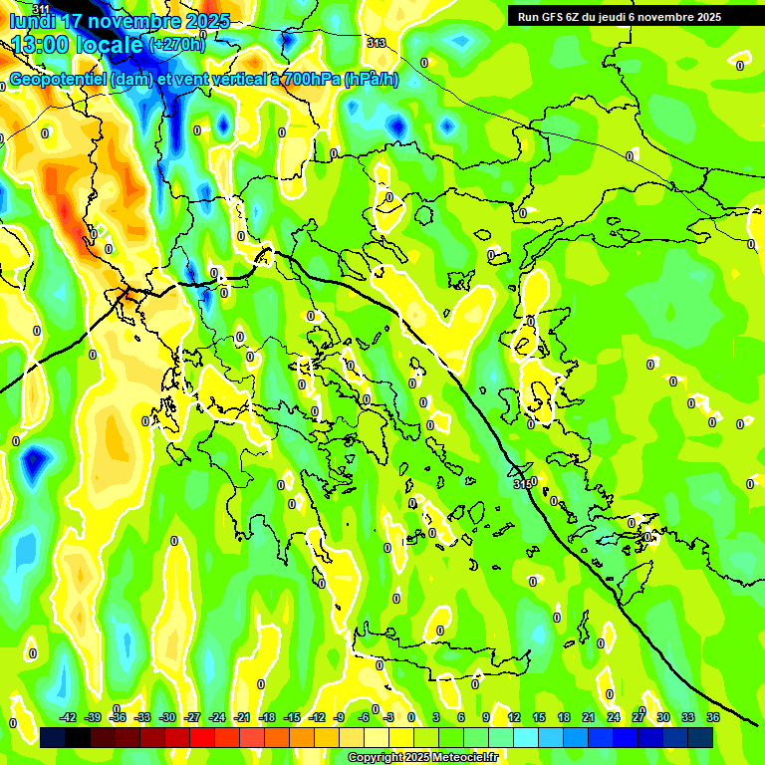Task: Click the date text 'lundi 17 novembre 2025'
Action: click(x=120, y=21)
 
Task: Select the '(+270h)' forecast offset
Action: click(x=177, y=45)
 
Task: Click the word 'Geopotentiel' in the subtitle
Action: click(x=59, y=80)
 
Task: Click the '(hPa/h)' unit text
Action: click(x=372, y=80)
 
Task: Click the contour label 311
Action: click(x=40, y=9)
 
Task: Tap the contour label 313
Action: click(x=376, y=42)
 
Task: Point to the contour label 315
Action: click(x=522, y=484)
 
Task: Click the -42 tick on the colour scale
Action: click(x=68, y=717)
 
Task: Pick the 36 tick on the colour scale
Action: click(x=713, y=717)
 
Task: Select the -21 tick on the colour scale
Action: click(x=242, y=717)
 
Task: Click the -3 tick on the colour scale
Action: click(x=389, y=717)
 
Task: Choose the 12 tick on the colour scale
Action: click(x=514, y=717)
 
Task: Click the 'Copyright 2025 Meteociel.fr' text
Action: click(x=422, y=757)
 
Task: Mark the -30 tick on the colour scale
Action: click(x=167, y=717)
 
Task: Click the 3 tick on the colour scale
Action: click(x=436, y=717)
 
